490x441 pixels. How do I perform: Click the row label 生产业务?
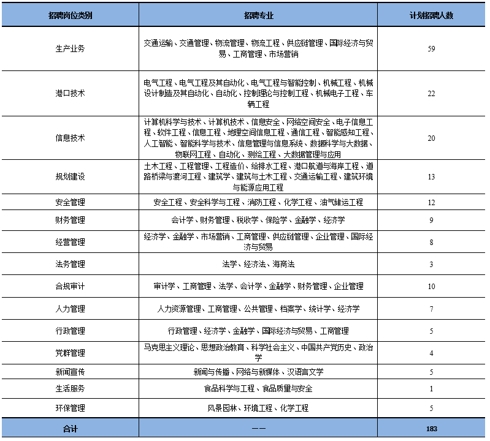coord(70,49)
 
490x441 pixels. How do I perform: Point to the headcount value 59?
coord(431,49)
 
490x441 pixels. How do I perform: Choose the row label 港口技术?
coord(70,94)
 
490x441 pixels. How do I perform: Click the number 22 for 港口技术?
coord(431,94)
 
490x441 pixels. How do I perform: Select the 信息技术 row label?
coord(70,138)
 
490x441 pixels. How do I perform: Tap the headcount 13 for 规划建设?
coord(431,177)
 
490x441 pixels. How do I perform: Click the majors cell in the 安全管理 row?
coord(258,202)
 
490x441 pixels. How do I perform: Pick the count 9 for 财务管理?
coord(431,220)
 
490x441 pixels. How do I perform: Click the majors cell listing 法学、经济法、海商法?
coord(258,265)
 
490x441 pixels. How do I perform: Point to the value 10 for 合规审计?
coord(431,287)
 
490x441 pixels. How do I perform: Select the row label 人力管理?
coord(70,309)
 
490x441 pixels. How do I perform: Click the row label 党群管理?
coord(70,353)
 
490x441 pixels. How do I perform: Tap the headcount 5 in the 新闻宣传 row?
coord(431,372)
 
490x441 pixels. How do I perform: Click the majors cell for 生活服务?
coord(258,389)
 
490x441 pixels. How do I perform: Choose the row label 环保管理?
coord(70,408)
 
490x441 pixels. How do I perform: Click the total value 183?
coord(431,429)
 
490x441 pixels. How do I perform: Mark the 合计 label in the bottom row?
coord(70,429)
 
